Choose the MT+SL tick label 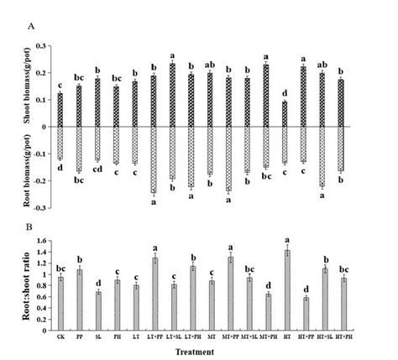pos(249,336)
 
